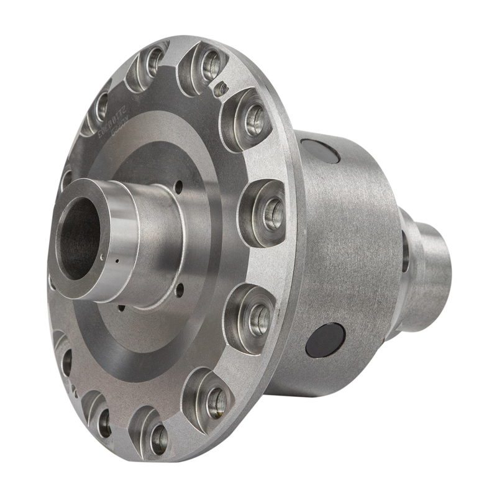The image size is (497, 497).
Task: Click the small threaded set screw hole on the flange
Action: click(219, 91)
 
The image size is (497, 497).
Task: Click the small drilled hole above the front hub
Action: click(179, 185)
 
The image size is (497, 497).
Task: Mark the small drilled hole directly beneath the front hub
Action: click(122, 308)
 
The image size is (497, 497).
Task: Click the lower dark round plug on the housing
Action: click(325, 340)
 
